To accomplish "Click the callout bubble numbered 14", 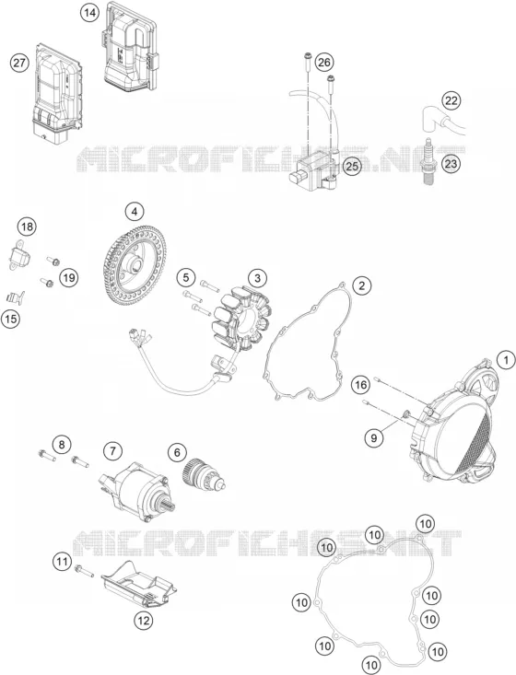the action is click(x=89, y=13).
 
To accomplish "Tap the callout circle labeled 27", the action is click(x=18, y=64).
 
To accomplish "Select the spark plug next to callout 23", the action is click(x=429, y=162).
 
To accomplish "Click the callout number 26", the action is click(x=324, y=63).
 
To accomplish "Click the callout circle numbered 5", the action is click(x=185, y=278).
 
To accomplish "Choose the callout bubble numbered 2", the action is click(x=362, y=285).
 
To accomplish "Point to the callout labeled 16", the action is click(x=361, y=384).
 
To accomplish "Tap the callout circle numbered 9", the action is click(x=373, y=437).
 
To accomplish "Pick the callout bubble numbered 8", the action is click(x=62, y=444).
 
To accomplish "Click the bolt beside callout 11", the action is click(x=84, y=571).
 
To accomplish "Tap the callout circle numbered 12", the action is click(x=144, y=621).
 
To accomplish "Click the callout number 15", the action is click(x=11, y=319).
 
